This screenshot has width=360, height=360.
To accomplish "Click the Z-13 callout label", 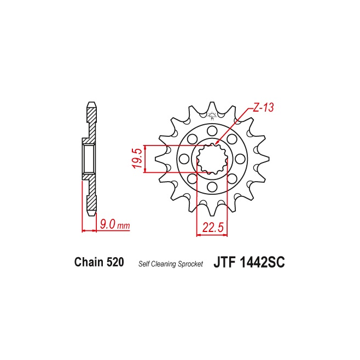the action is (263, 107).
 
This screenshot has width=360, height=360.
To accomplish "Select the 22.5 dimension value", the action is (213, 227).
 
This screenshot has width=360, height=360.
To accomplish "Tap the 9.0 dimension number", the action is (107, 224).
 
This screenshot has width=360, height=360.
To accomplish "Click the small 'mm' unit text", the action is (124, 226).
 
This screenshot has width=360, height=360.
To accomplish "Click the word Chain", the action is (89, 262).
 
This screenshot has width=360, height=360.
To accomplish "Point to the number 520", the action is (115, 262).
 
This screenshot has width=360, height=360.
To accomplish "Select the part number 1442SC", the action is (262, 262).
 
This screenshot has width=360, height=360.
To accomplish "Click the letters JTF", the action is (225, 262).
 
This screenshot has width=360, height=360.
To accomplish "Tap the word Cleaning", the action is (164, 264).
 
